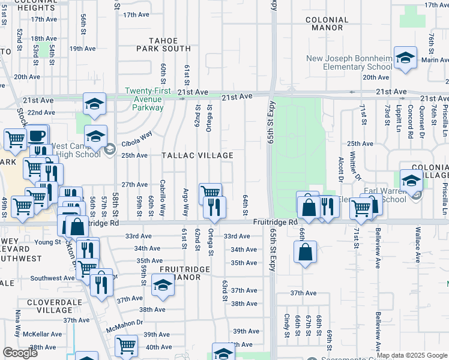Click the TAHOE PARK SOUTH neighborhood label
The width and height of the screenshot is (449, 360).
click(x=163, y=44)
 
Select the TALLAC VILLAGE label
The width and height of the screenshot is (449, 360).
click(x=197, y=155)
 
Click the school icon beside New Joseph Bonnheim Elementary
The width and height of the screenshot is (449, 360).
click(x=405, y=58)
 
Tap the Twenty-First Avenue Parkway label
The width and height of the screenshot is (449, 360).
click(x=144, y=99)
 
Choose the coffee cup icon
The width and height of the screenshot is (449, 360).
click(x=37, y=136)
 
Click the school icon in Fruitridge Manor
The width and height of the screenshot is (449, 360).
click(x=163, y=286)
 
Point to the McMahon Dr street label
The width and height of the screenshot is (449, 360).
click(x=125, y=322)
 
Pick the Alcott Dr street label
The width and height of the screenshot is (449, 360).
click(x=341, y=169)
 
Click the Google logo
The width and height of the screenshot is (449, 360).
click(x=20, y=353)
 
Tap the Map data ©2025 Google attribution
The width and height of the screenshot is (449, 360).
click(x=412, y=355)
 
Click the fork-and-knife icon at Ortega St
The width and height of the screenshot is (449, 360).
click(x=214, y=208)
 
